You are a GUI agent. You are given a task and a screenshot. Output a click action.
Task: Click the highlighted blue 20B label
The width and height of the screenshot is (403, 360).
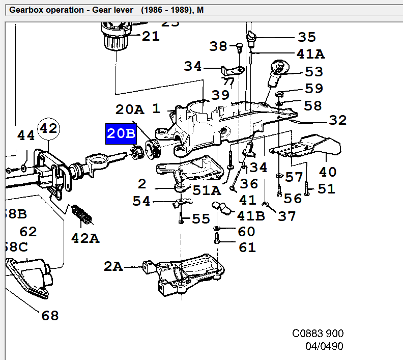(x=121, y=134)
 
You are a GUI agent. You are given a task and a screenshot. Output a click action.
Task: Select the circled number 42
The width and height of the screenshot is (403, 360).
(x=48, y=128)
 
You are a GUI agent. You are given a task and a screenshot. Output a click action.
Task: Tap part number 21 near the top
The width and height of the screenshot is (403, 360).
(x=150, y=36)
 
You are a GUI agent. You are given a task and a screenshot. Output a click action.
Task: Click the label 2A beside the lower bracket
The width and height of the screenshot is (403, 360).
(x=113, y=266)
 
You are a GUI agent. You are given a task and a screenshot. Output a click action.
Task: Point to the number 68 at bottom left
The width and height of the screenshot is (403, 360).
(x=50, y=316)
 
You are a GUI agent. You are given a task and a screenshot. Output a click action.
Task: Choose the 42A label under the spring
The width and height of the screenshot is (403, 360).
(x=85, y=238)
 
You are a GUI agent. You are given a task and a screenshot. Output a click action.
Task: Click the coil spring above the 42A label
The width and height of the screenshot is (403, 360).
(x=83, y=214)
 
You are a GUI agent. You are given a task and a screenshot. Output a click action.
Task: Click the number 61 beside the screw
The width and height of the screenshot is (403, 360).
(x=247, y=248)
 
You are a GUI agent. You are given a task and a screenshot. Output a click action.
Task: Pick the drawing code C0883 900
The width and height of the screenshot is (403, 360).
(x=318, y=334)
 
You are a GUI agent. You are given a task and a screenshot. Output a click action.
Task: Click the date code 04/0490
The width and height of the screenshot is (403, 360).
(x=324, y=347)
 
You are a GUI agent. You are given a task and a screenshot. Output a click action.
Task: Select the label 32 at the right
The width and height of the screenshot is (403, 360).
(x=337, y=120)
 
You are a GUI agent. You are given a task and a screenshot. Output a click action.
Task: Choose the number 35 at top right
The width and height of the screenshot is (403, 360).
(x=307, y=37)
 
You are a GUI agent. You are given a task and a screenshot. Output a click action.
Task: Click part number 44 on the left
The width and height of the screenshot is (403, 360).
(x=26, y=135)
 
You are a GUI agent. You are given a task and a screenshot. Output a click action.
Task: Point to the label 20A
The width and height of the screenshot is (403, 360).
(x=130, y=109)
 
